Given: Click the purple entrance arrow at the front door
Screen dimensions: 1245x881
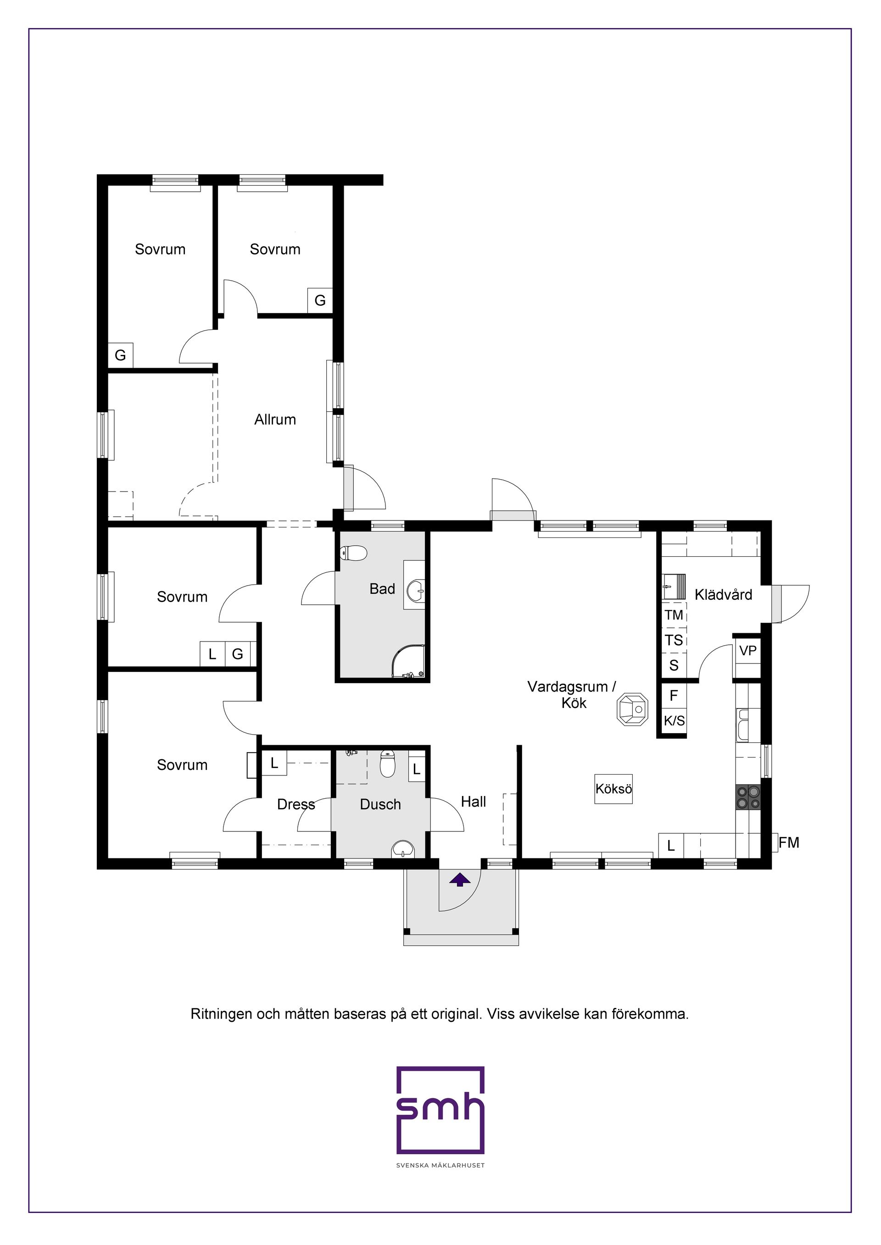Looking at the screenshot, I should (459, 880).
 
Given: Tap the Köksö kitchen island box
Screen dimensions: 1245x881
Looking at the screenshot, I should (613, 788).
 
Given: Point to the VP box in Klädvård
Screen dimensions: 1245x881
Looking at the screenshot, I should (747, 651).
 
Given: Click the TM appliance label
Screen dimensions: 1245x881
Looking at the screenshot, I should (674, 615).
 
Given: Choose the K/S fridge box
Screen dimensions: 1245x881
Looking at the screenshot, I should (674, 721).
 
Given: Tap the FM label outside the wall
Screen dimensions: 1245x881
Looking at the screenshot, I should (789, 843).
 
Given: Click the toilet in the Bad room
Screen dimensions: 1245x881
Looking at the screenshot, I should (354, 553).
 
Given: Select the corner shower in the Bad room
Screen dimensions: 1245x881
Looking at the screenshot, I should (408, 662).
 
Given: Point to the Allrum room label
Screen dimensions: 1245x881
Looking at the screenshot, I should (275, 420).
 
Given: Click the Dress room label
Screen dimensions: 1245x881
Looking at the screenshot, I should (296, 805).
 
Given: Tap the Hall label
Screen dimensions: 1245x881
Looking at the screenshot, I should (473, 802).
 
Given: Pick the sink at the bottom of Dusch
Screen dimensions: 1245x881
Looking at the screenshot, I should (402, 849).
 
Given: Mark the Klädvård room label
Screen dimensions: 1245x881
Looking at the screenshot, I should (723, 595).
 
